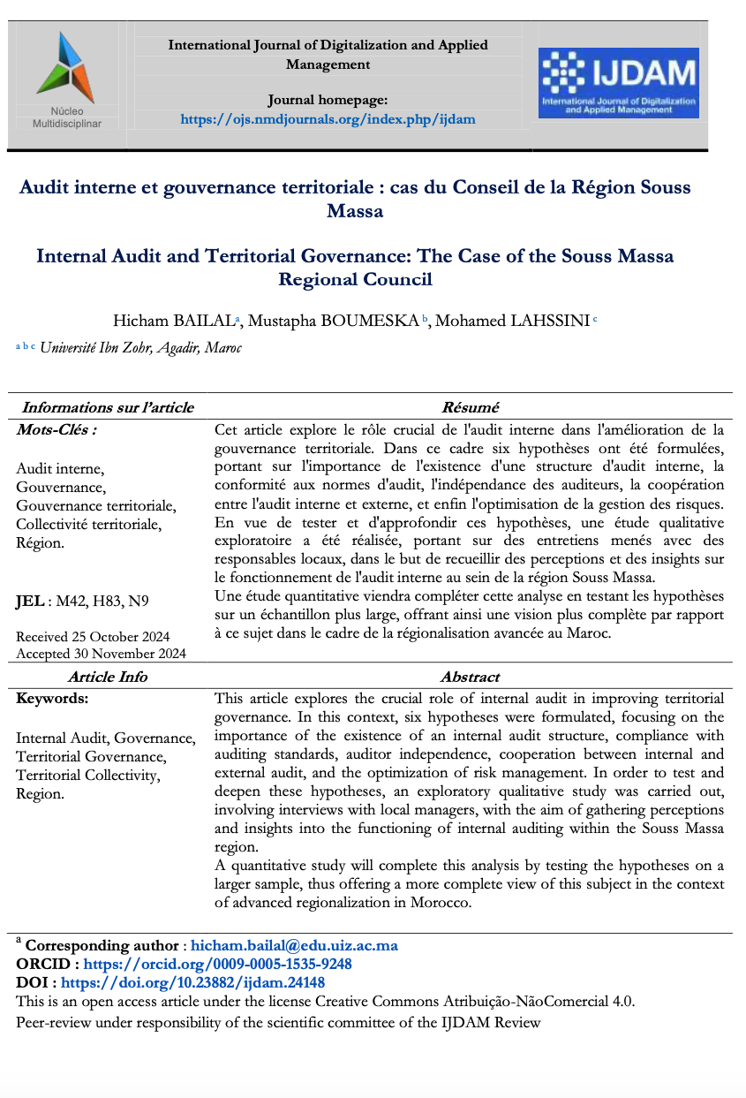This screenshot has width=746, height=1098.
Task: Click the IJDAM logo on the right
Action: pos(618,83)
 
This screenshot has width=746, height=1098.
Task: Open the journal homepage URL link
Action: pos(328,118)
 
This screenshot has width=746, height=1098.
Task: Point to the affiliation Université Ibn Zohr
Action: pos(97,347)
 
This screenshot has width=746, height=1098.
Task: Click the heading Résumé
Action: pos(470,407)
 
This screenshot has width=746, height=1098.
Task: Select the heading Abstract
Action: pos(470,677)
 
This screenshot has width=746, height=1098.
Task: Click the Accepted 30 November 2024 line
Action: pos(101,654)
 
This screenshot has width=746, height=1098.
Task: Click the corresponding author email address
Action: pos(294,945)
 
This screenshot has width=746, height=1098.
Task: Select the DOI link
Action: pos(193,982)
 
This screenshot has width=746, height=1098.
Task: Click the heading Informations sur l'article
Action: pos(108,407)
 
